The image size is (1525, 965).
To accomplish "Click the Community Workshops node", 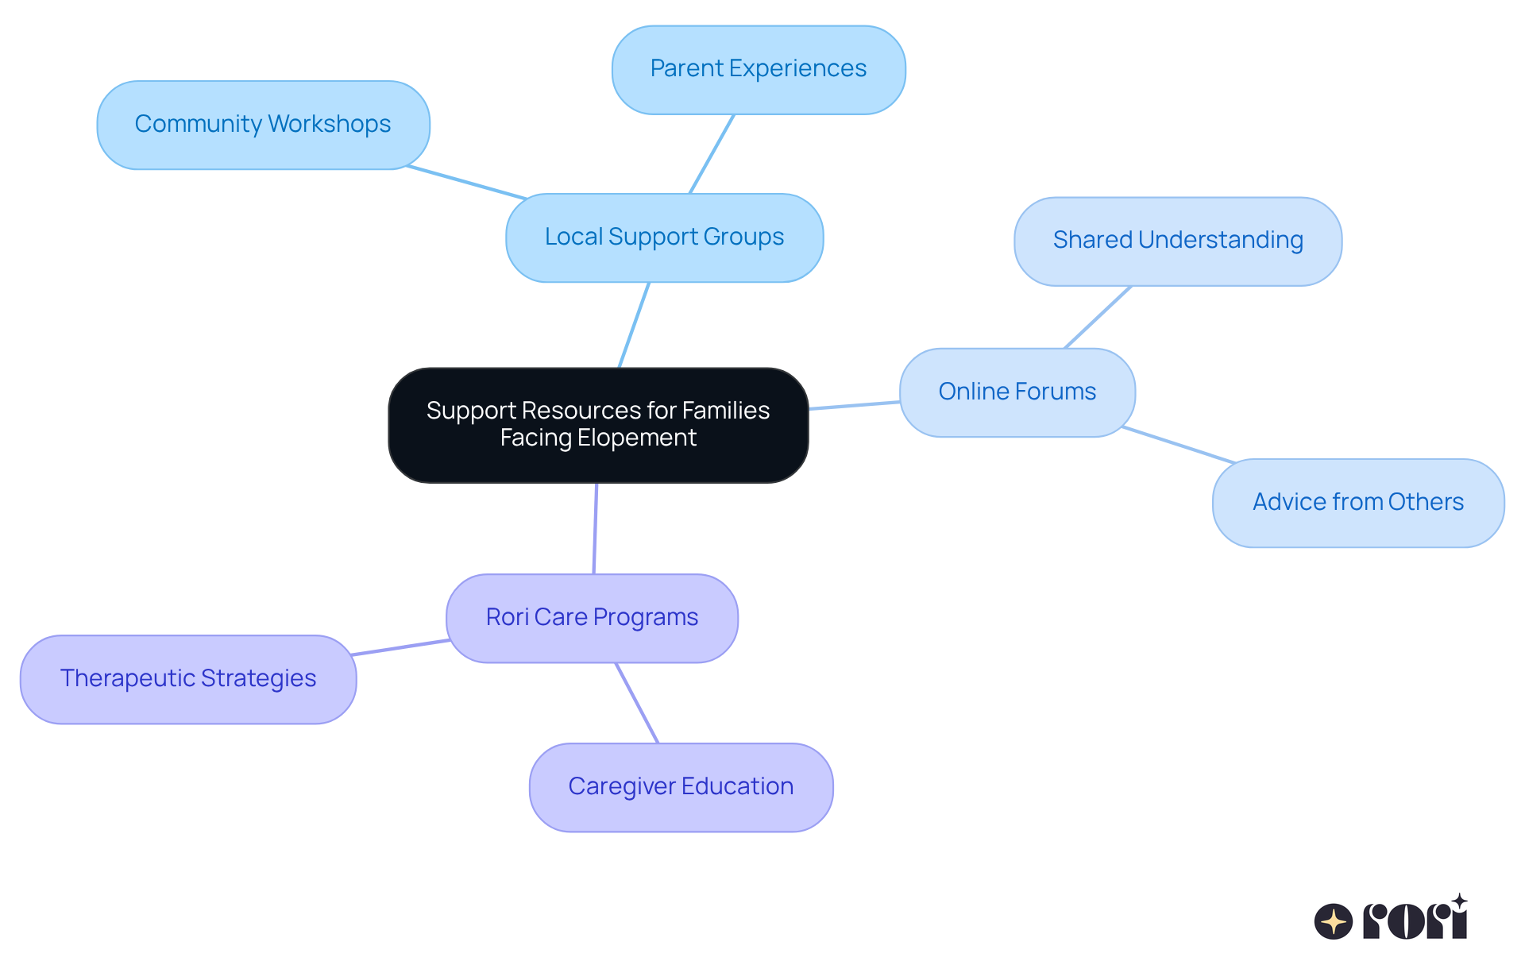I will pos(263,125).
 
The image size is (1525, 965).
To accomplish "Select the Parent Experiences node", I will pos(758,70).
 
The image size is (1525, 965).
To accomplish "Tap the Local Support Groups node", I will pos(664,237).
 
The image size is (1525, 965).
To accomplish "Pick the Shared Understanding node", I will pos(1177,241).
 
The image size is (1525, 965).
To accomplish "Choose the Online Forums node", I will pos(1017,392).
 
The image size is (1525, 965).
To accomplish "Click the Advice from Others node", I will pos(1357,503).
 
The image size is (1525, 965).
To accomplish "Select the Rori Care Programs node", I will pos(592,618).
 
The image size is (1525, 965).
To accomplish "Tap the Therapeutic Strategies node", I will pos(188,679).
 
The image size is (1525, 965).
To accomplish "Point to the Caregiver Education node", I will pos(681,787).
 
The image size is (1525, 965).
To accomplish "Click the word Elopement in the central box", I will pos(636,438).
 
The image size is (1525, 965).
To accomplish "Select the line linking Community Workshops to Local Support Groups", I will pos(466,183).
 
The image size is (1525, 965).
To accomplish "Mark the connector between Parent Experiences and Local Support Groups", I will pos(712,154).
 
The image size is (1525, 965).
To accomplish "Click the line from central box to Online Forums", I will pos(854,406).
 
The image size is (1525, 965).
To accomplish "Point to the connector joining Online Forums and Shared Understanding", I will pos(1098,317).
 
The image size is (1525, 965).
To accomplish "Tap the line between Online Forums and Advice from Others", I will pos(1179,445).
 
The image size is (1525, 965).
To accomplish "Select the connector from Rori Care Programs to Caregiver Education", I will pos(637,703).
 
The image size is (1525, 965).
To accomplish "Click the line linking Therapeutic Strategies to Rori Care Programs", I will pos(400,647).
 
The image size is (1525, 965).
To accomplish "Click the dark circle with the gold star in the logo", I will pos(1333,922).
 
